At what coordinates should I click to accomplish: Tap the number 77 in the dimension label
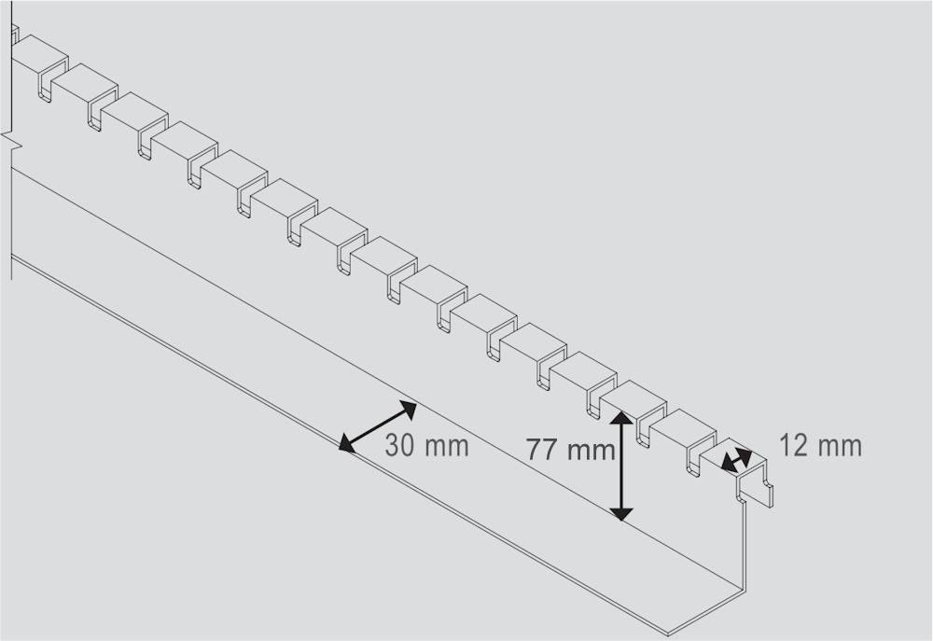[542, 450]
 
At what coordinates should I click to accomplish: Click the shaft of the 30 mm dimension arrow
[377, 426]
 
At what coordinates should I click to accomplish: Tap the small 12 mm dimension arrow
[737, 458]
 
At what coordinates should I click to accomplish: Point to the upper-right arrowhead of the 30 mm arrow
[408, 407]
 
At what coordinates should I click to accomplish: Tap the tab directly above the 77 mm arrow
[632, 397]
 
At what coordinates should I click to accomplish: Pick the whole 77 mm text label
[570, 450]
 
